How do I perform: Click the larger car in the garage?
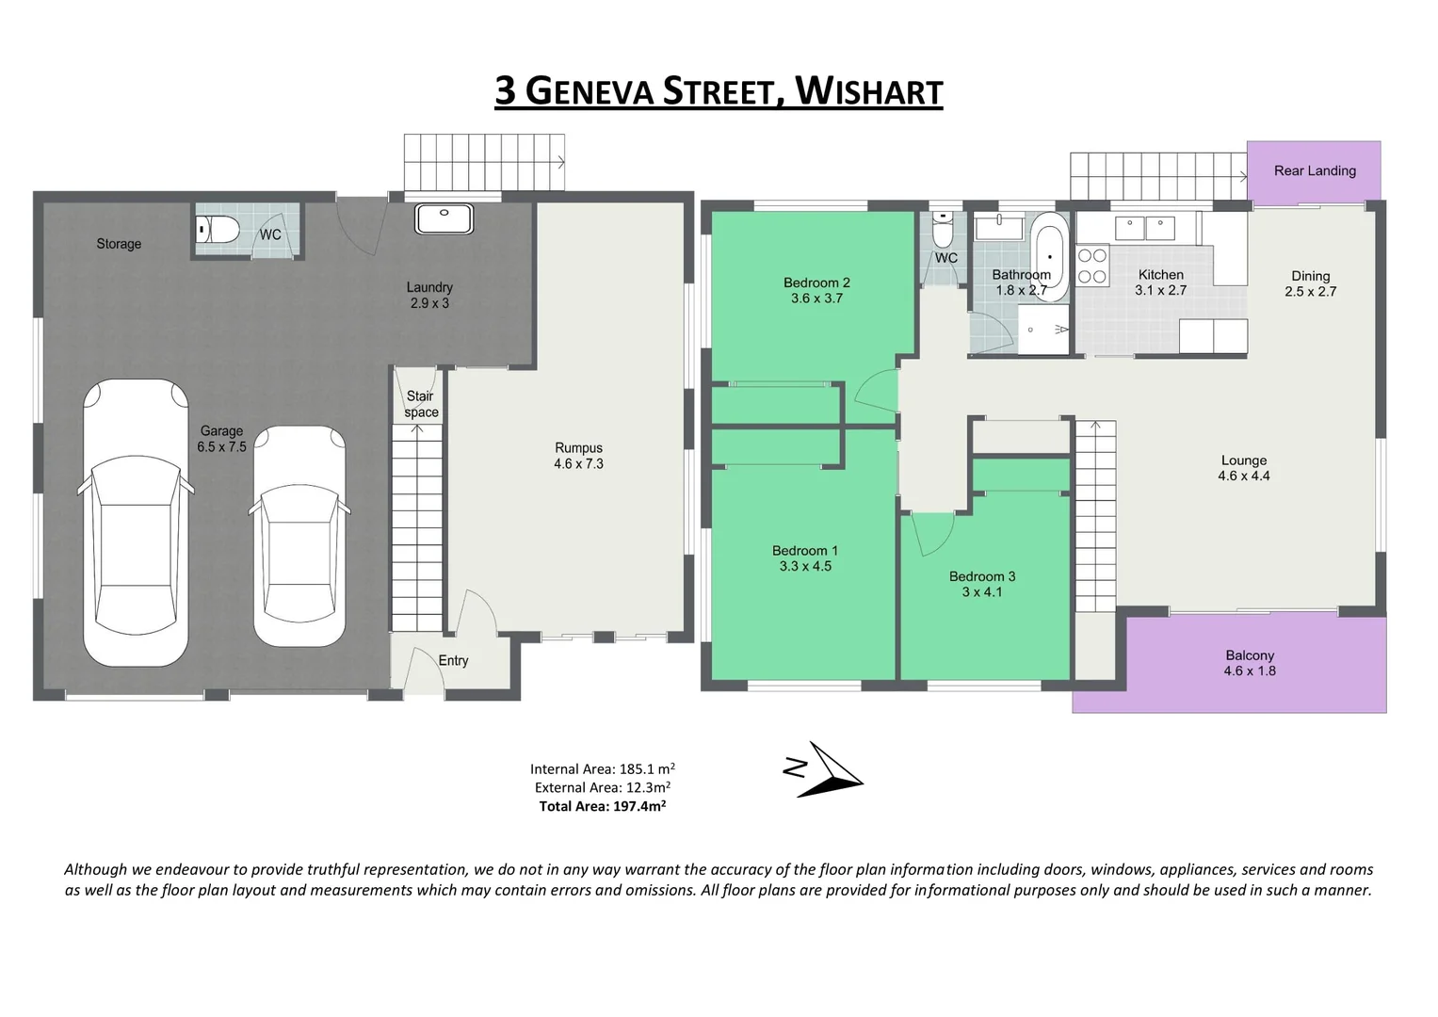[136, 523]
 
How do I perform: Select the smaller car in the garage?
[299, 537]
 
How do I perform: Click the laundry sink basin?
[444, 218]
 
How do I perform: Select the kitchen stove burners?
[1091, 266]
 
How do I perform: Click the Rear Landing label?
[1315, 170]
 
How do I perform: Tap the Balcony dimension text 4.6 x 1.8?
[1250, 671]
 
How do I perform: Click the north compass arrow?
[829, 770]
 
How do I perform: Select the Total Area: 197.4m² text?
[602, 806]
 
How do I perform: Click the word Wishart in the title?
[868, 91]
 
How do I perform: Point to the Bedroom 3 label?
[981, 576]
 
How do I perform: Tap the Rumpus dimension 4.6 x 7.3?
[578, 464]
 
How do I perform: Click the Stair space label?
[420, 404]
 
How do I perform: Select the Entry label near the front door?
[453, 661]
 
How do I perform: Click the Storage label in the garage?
[119, 244]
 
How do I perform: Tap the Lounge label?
[1243, 460]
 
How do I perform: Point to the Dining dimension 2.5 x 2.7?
[1310, 292]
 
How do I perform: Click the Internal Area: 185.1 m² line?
[602, 768]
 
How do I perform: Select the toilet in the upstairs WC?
[943, 229]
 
